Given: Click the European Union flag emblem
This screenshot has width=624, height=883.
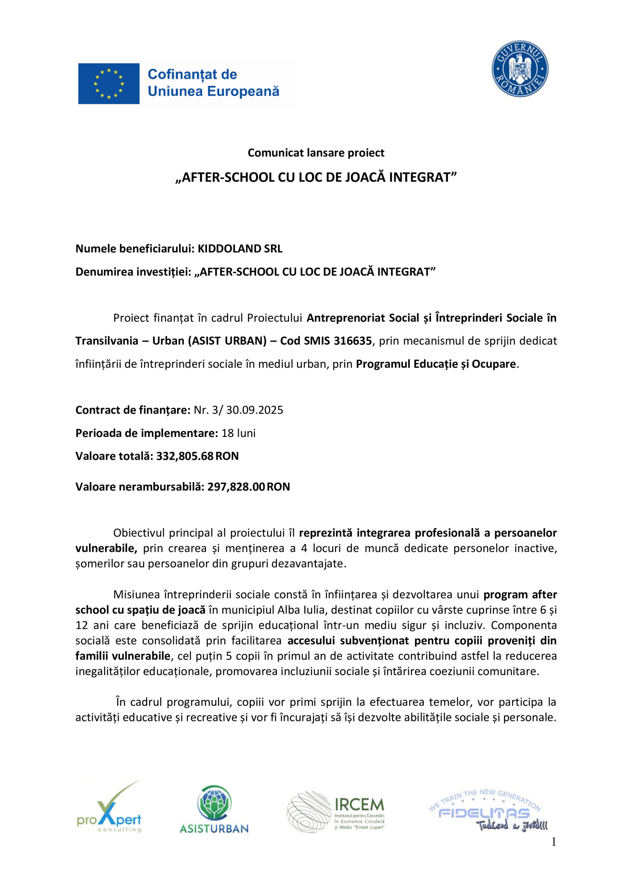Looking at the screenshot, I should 109,83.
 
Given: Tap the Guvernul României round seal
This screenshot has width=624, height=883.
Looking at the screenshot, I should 520,69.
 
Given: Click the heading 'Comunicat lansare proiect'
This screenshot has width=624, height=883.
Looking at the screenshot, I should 316,153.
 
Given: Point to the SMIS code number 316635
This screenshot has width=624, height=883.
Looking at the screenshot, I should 352,341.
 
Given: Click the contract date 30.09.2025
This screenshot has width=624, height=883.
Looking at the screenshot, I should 254,410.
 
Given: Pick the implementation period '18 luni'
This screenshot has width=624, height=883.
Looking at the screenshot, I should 238,433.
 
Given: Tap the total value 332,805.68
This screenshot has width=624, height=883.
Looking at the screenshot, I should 184,456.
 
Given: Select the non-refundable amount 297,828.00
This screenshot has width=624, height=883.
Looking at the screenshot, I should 236,487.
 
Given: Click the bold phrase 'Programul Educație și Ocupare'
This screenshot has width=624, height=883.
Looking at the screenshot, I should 436,364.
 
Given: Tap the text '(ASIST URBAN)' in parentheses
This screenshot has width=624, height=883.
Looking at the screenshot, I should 227,341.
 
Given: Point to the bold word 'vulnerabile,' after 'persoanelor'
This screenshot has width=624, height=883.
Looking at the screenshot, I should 106,548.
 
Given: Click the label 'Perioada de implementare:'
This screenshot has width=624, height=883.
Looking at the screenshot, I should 147,433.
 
